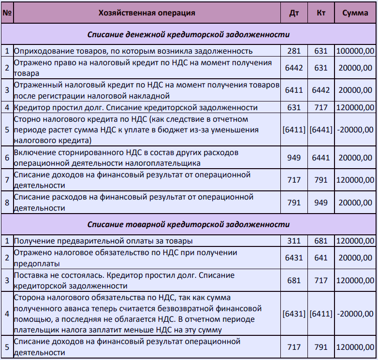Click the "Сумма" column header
pyautogui.click(x=355, y=13)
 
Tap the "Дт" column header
pyautogui.click(x=294, y=13)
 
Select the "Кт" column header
pyautogui.click(x=321, y=13)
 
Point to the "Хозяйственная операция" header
pyautogui.click(x=146, y=13)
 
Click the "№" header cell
pyautogui.click(x=7, y=13)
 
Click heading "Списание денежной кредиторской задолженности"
pyautogui.click(x=189, y=35)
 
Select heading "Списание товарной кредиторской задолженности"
pyautogui.click(x=189, y=225)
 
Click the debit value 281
pyautogui.click(x=294, y=51)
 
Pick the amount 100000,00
pyautogui.click(x=355, y=51)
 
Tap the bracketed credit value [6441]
pyautogui.click(x=321, y=130)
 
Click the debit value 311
pyautogui.click(x=294, y=241)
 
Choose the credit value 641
pyautogui.click(x=321, y=258)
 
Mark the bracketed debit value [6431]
pyautogui.click(x=294, y=314)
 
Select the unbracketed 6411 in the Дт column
pyautogui.click(x=294, y=90)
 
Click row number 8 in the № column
pyautogui.click(x=7, y=202)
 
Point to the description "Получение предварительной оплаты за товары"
pyautogui.click(x=103, y=241)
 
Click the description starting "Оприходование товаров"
pyautogui.click(x=133, y=51)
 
